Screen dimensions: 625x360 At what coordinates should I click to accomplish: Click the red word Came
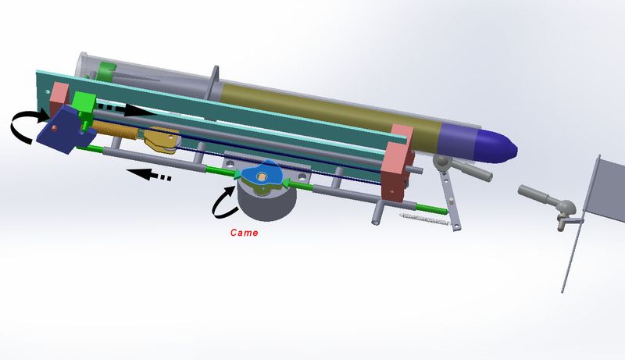click(244, 233)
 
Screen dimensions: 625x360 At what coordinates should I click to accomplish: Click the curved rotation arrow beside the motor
click(223, 202)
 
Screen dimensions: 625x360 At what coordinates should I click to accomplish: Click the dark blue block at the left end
click(65, 129)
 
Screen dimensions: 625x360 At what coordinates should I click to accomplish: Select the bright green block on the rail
click(84, 106)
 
